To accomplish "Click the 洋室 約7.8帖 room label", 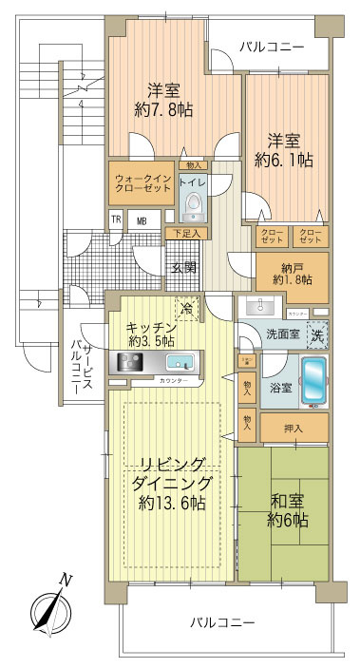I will [x=163, y=100].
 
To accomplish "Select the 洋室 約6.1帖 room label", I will [x=286, y=150].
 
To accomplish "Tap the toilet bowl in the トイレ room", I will [x=194, y=201].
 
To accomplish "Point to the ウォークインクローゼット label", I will [x=142, y=184].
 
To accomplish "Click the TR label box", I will [x=116, y=222].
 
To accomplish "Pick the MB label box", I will [x=142, y=222].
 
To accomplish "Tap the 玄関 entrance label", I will [x=184, y=267].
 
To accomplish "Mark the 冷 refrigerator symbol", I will [x=188, y=308].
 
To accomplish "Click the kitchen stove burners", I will [x=130, y=362].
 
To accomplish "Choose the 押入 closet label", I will [x=294, y=429].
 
